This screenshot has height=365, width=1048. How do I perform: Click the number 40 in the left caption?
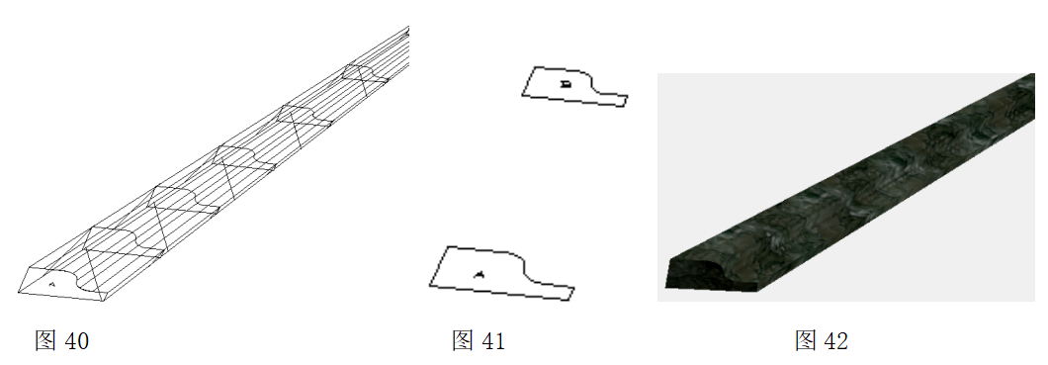click(76, 342)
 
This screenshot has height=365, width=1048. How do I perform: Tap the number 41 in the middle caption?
click(493, 341)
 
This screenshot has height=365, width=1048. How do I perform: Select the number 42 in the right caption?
click(836, 341)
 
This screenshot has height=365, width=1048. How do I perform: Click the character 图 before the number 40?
click(45, 341)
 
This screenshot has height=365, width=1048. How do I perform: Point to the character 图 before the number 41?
click(463, 341)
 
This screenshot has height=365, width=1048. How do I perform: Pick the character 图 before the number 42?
click(806, 341)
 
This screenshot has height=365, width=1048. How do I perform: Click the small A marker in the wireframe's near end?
click(52, 284)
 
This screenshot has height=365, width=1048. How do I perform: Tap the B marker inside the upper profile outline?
click(567, 84)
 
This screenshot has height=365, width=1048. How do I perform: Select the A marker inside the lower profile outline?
click(479, 273)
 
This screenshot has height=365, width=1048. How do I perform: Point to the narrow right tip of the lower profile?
click(572, 292)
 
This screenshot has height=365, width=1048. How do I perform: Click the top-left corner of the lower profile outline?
click(445, 246)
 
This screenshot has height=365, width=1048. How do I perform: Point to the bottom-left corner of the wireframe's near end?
click(18, 292)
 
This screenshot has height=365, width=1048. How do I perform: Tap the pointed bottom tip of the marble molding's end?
click(738, 293)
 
